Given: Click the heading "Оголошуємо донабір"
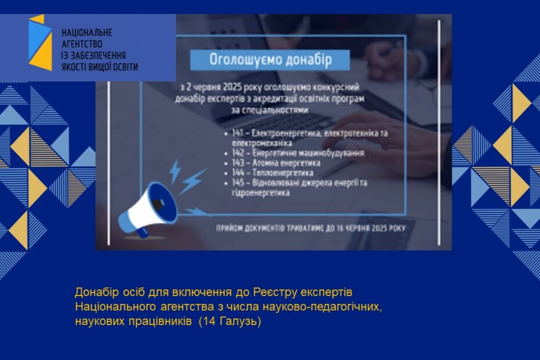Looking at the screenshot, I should point(271,60).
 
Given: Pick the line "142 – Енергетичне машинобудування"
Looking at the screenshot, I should point(297,153).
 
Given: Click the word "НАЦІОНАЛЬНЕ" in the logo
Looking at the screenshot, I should point(87,33).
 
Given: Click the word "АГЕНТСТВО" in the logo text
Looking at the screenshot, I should point(82,44).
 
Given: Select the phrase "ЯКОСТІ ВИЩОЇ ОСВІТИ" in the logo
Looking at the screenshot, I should point(99,67).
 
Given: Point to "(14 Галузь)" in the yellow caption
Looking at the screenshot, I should point(230,321).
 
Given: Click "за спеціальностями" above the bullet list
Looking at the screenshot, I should point(271,109).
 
